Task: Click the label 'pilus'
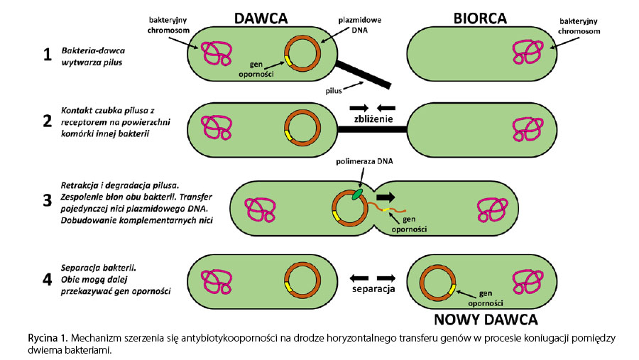[334, 90]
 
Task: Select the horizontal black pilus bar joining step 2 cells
[371, 130]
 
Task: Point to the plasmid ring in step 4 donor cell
[301, 278]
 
